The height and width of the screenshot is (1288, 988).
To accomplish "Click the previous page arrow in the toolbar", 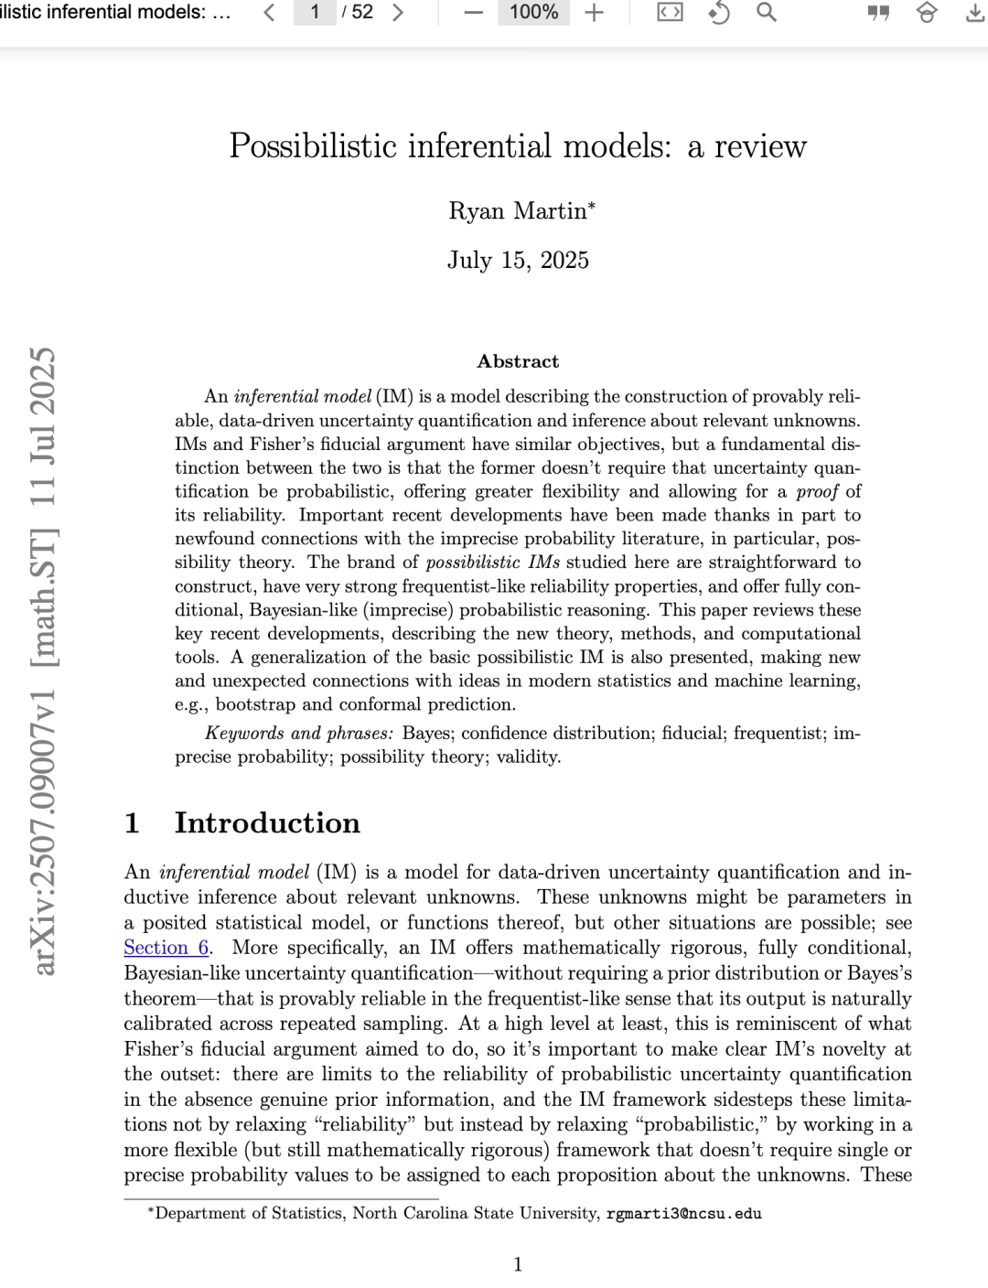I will (x=269, y=13).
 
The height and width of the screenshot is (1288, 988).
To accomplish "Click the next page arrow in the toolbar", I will (x=397, y=13).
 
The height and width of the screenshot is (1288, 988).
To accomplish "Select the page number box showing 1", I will (x=315, y=13).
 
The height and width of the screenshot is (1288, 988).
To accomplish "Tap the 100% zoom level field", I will (x=533, y=13).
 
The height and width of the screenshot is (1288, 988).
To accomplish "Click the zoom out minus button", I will (x=473, y=13).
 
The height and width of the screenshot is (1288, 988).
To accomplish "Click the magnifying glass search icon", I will (x=767, y=13).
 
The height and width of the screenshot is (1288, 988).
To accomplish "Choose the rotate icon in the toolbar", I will (x=719, y=13).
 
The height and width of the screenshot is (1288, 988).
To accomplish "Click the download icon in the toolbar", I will (x=974, y=13).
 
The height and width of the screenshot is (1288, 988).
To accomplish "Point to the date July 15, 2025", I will (x=518, y=261).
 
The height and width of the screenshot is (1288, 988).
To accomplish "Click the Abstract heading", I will (x=518, y=361).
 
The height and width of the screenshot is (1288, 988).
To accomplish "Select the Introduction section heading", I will (x=267, y=823).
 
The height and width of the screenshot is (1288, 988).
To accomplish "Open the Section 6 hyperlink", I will (x=166, y=948).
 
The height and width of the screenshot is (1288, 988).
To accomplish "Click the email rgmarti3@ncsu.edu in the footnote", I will (x=683, y=1214).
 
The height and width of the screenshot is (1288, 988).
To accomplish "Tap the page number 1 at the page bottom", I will (x=518, y=1265).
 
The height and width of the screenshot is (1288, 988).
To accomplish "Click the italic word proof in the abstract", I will (x=817, y=492).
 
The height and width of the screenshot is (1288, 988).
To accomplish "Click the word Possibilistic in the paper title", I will (x=313, y=146).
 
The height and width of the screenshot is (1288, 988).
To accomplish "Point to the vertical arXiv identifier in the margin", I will (x=43, y=659).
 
